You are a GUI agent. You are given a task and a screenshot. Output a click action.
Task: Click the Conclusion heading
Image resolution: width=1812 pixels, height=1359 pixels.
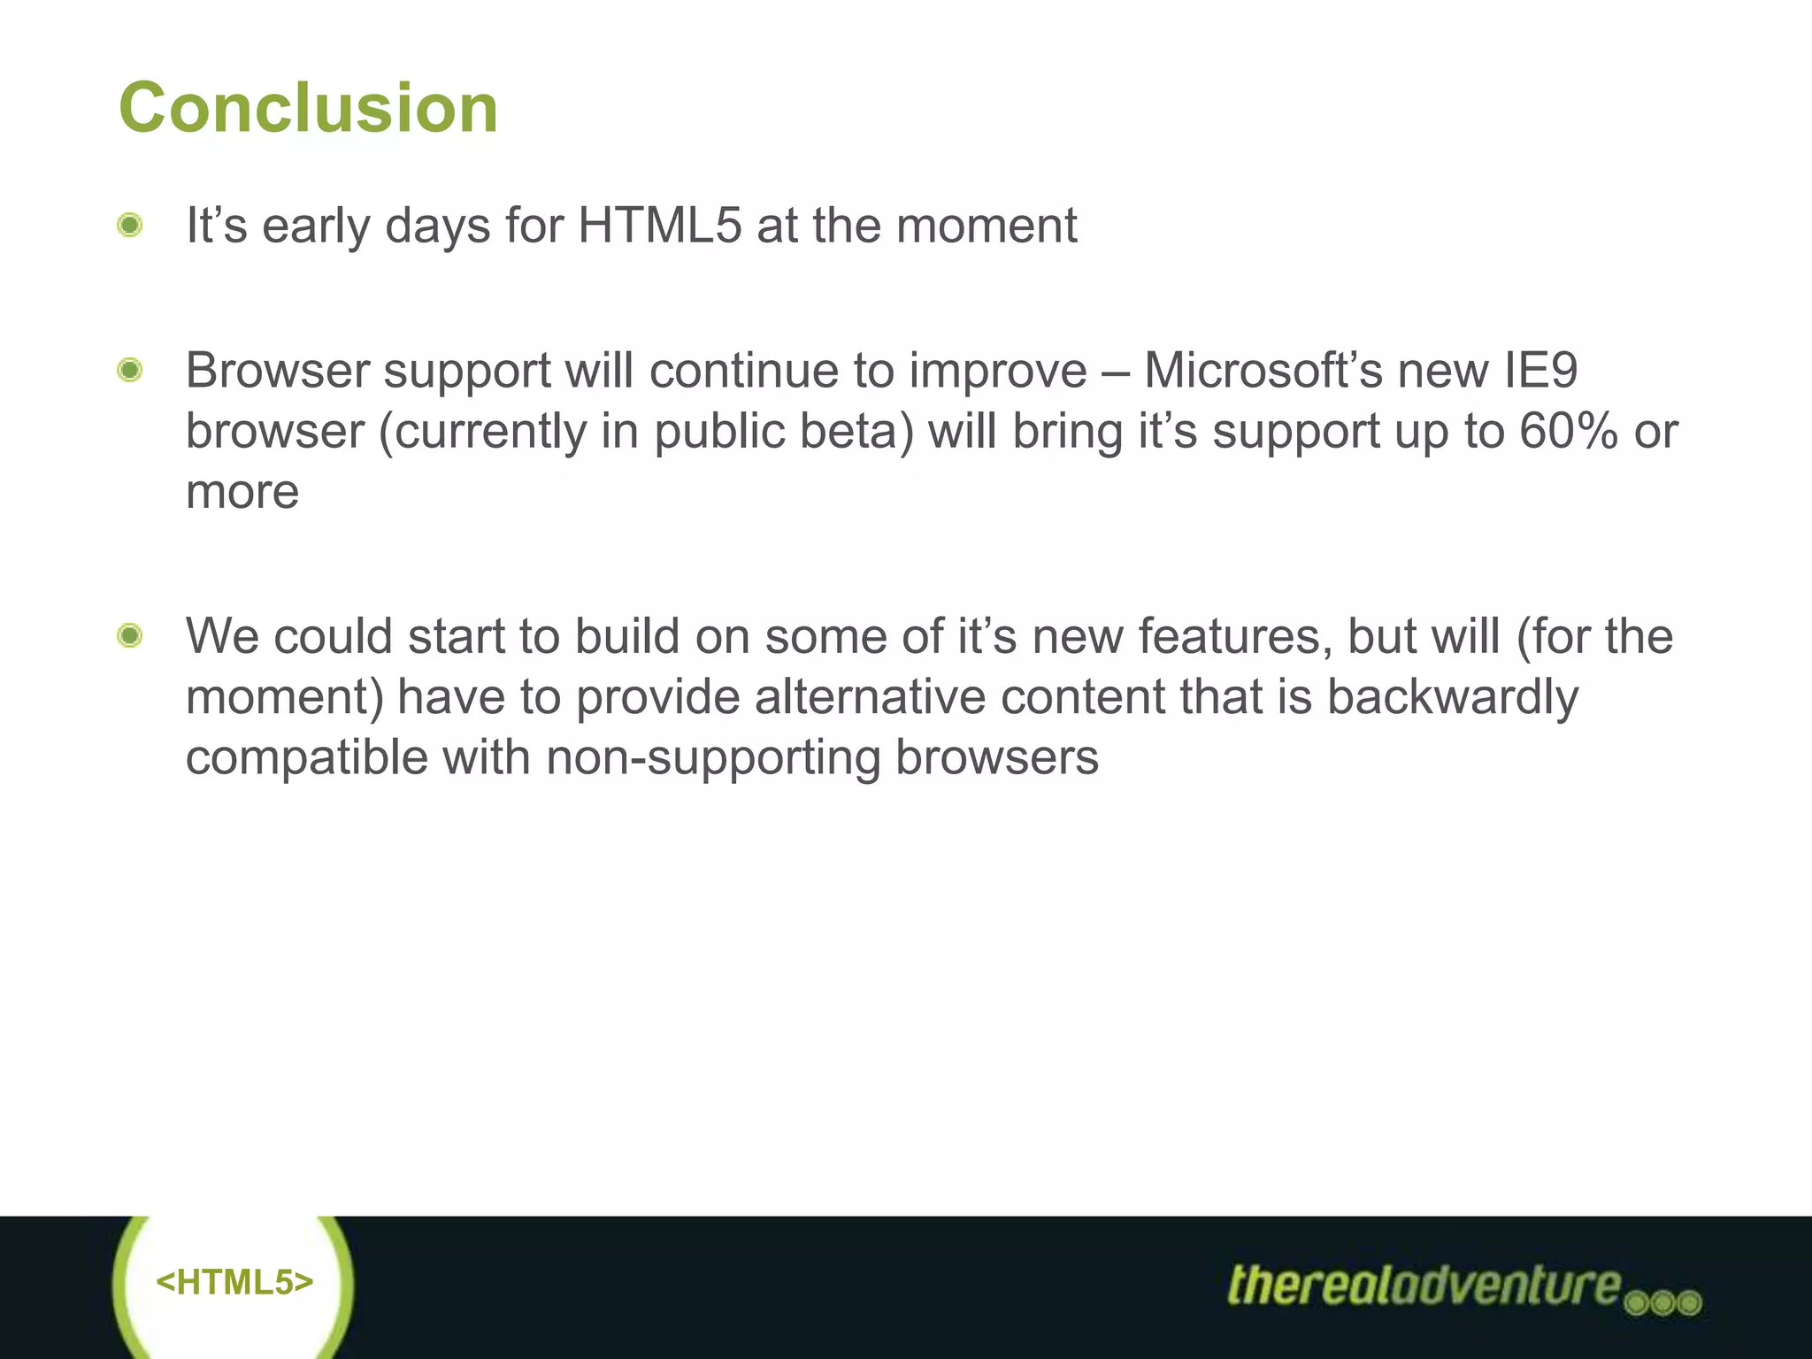point(308,108)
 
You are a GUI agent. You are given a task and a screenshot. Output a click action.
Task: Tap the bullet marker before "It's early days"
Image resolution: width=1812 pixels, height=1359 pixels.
point(130,225)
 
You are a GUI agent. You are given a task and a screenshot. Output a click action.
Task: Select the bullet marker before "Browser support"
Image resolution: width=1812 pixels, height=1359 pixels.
point(130,369)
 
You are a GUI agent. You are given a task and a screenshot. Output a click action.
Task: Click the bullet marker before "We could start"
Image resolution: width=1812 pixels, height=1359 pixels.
point(130,635)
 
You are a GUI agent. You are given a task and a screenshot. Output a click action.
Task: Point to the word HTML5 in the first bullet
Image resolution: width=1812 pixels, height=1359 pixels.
point(659,225)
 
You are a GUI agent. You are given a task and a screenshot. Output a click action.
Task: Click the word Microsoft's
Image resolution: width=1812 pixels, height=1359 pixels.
point(1263,370)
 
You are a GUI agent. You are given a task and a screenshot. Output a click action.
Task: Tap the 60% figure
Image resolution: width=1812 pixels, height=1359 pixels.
point(1569,431)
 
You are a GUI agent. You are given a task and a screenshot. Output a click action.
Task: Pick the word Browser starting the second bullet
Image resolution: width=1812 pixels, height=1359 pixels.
point(277,370)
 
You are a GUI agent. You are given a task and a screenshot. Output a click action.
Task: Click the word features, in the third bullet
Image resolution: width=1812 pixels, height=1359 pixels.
point(1235,636)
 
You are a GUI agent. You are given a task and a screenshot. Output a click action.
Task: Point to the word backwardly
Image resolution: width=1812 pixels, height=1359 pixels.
point(1452,697)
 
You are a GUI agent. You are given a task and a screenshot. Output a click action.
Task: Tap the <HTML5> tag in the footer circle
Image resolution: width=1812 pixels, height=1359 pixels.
point(234,1282)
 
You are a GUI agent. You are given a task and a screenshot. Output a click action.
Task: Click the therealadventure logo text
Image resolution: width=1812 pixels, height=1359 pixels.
point(1424,1285)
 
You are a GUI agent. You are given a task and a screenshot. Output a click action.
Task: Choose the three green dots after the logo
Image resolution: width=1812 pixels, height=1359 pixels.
point(1663,1303)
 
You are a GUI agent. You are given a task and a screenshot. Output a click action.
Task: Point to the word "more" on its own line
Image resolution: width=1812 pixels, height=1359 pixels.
point(242,492)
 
